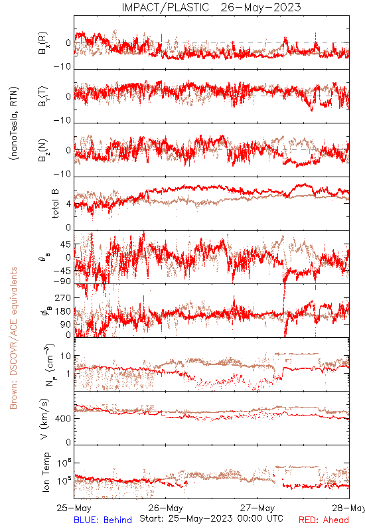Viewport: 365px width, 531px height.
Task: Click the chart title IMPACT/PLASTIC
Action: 165,7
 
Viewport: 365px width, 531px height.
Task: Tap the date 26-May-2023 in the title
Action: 261,7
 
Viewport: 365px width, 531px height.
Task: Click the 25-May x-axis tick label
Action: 74,508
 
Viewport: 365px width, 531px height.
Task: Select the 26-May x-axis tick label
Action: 165,508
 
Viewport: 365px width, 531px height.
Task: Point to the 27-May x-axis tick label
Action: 257,508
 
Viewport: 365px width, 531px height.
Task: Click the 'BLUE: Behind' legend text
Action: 103,520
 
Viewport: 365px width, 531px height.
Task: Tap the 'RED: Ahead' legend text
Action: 324,520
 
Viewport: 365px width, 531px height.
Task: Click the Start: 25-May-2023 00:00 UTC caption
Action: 211,518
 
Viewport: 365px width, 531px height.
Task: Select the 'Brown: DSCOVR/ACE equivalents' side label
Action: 13,338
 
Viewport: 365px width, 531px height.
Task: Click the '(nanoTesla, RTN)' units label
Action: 14,123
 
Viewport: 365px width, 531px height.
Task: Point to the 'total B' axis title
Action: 55,204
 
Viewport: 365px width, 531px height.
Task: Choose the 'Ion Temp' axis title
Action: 46,472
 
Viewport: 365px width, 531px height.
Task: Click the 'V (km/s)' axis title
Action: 44,419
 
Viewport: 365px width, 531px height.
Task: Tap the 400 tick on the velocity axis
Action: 63,419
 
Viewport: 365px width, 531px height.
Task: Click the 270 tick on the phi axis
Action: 63,297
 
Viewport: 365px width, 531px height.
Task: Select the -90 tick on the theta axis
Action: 62,281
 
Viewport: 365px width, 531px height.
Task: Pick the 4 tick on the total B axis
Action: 69,204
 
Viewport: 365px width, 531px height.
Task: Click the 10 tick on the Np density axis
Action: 66,356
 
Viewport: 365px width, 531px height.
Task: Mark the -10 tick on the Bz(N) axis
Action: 62,175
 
